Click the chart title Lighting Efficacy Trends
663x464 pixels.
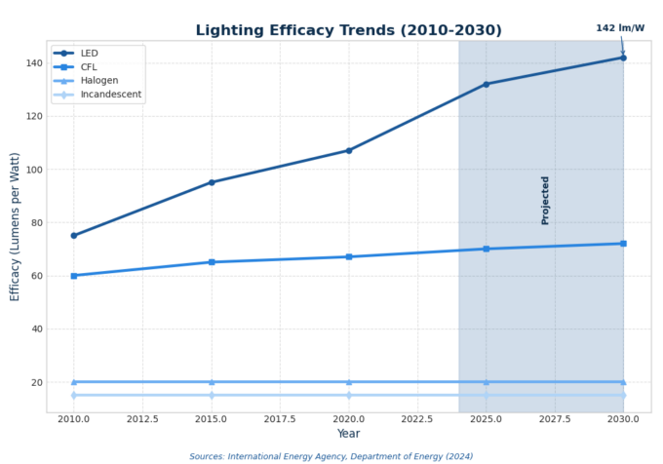(x=348, y=30)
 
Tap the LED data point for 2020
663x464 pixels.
(x=348, y=150)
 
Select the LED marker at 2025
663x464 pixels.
(x=486, y=84)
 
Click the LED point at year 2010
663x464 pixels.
(x=73, y=235)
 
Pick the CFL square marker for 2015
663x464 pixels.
(x=211, y=262)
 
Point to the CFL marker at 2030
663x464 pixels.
(x=623, y=244)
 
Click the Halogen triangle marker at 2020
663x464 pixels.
(x=348, y=382)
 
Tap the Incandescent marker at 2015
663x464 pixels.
(x=211, y=395)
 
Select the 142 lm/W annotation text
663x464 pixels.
(x=620, y=28)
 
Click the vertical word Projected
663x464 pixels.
(x=545, y=200)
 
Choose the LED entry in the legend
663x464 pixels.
(x=90, y=53)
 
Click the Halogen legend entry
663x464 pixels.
(x=99, y=81)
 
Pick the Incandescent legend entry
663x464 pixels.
(x=111, y=95)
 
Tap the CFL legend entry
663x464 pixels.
(x=90, y=67)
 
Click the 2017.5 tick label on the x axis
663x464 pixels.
(x=280, y=419)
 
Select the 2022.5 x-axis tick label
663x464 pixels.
(x=417, y=419)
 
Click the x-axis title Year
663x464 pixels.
(x=348, y=434)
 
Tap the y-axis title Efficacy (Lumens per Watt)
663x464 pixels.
(x=15, y=225)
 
